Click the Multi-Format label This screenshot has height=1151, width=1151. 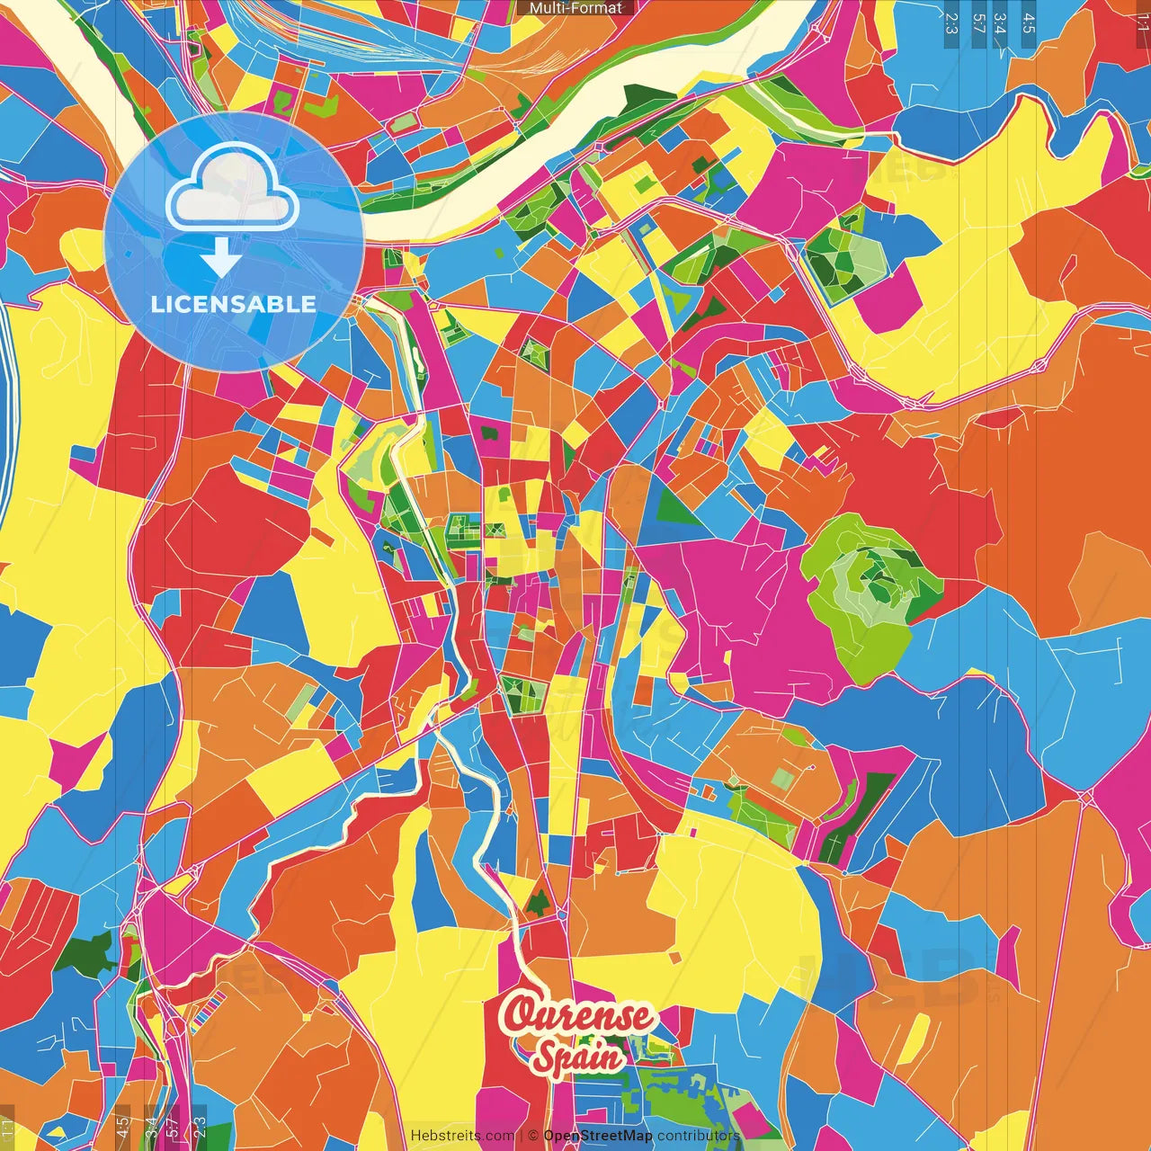point(575,8)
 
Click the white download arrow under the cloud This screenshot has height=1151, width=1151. point(220,258)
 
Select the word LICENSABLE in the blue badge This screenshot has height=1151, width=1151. point(234,304)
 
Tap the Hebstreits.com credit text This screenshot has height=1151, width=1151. point(462,1136)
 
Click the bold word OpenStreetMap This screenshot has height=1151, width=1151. point(598,1136)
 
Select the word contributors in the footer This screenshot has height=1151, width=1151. point(698,1136)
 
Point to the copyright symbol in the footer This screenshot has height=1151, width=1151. point(532,1136)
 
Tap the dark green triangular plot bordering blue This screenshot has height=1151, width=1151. point(677,508)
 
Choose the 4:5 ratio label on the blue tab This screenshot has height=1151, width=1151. point(1029,23)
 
